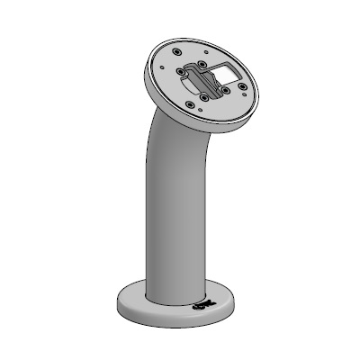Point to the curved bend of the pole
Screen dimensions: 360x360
click(x=166, y=135)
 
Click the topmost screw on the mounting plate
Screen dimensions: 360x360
click(x=175, y=51)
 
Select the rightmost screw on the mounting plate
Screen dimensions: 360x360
click(x=242, y=86)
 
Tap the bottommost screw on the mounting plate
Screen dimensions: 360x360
click(x=190, y=103)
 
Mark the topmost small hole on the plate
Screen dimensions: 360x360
click(x=206, y=51)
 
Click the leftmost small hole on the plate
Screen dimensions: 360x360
click(x=162, y=67)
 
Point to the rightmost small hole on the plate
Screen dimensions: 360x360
click(x=244, y=94)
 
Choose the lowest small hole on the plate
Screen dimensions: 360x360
click(x=200, y=110)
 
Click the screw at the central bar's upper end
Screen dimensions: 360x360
click(x=201, y=64)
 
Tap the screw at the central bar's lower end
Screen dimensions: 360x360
click(x=204, y=97)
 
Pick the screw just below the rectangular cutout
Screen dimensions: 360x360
click(x=225, y=90)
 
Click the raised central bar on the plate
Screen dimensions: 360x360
click(x=206, y=81)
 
